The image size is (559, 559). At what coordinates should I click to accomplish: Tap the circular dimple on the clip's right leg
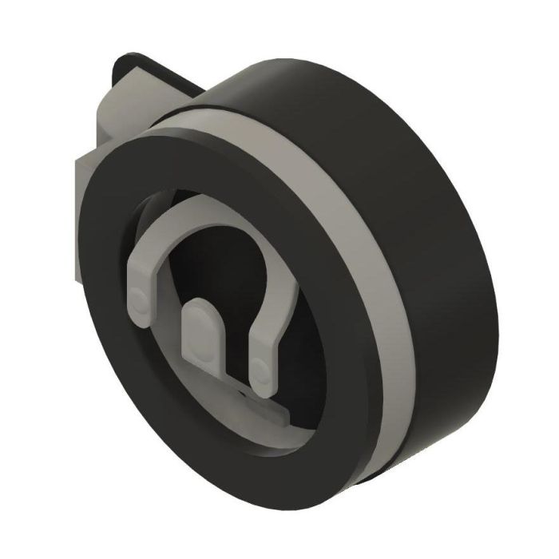(260, 369)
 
